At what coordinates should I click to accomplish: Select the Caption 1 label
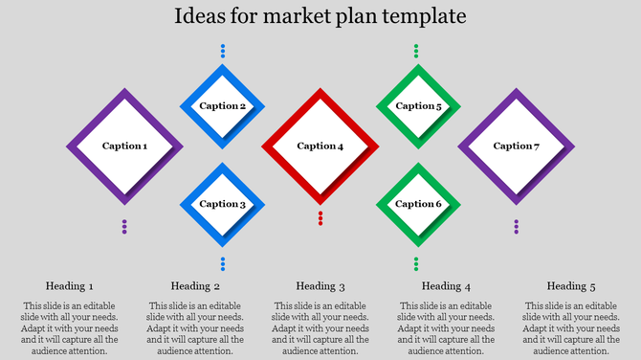pos(124,146)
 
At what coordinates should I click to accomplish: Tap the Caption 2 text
pos(222,106)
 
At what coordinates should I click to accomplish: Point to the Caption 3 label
pos(222,204)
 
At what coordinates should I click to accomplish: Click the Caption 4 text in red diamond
pos(320,146)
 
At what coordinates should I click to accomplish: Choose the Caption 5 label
pos(418,106)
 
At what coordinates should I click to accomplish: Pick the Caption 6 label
pos(418,204)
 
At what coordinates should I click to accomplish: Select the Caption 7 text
pos(516,146)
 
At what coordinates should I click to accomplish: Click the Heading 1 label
pos(70,286)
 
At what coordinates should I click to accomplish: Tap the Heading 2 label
pos(195,286)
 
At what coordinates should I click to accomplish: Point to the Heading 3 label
pos(320,286)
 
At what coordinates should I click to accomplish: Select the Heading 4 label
pos(446,286)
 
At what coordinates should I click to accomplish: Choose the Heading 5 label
pos(571,286)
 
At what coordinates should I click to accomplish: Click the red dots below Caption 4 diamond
pos(320,218)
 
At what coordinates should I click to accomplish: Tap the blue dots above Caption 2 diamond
pos(223,51)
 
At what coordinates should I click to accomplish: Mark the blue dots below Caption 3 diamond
pos(223,263)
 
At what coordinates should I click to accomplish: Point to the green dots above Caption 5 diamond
pos(416,51)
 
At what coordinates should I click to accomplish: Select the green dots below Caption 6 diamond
pos(416,263)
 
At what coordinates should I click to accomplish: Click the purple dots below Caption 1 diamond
pos(124,227)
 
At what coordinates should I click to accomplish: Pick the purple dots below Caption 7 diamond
pos(517,227)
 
